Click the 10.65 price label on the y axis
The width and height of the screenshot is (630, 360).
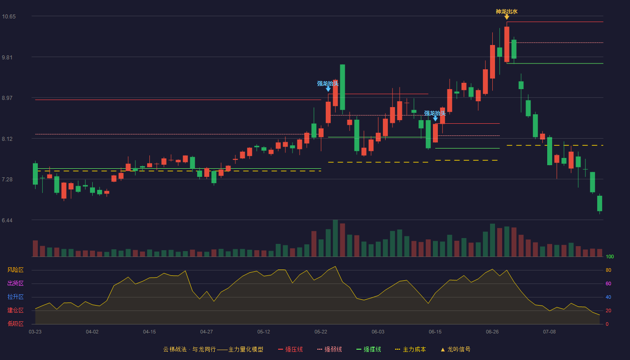pos(9,17)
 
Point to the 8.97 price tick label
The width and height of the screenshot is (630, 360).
pos(7,98)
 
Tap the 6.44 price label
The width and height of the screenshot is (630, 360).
pos(7,220)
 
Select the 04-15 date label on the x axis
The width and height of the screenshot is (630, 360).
pos(149,332)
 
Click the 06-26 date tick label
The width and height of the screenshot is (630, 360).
pos(492,332)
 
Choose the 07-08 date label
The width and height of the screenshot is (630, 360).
pos(549,332)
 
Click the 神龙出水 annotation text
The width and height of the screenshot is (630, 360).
pos(507,12)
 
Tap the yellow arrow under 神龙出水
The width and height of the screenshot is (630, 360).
pos(507,17)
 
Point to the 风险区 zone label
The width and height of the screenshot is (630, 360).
pos(15,270)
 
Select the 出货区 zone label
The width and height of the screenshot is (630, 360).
pos(15,283)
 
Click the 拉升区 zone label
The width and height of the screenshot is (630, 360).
pos(15,297)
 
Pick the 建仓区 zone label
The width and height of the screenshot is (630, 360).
pos(15,310)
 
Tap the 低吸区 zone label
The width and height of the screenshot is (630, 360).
pos(15,324)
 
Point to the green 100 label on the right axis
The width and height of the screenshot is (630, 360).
pos(610,256)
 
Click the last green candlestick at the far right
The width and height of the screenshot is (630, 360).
pos(599,203)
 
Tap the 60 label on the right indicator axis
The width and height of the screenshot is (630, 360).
pos(608,283)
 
